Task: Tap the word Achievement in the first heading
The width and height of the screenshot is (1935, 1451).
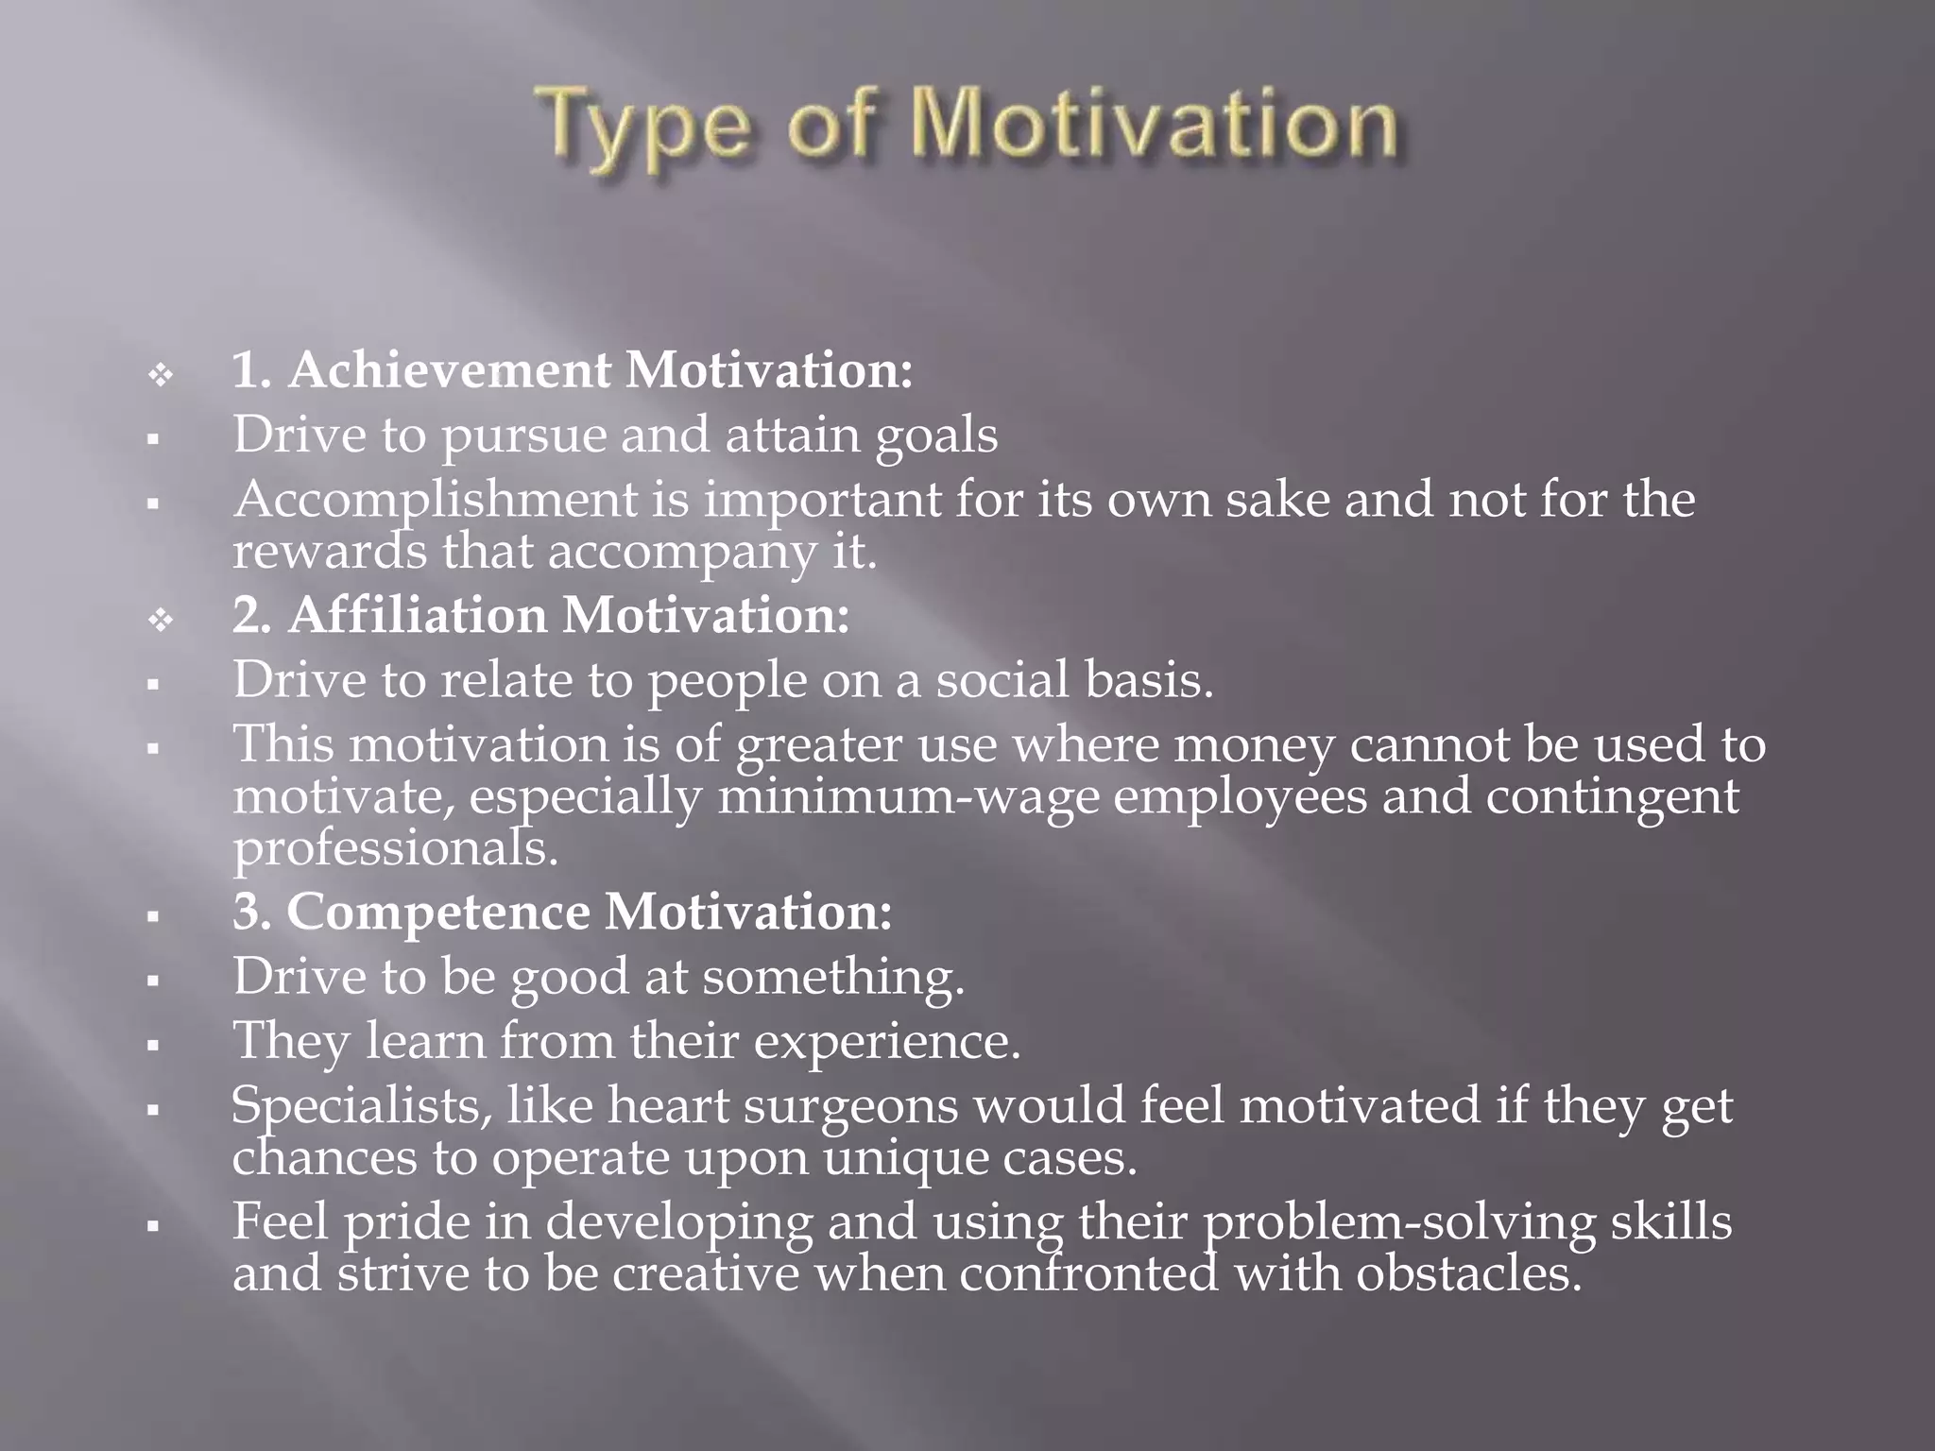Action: tap(450, 369)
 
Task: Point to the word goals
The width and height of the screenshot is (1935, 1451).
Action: tap(936, 435)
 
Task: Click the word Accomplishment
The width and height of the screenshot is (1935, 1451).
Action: tap(436, 500)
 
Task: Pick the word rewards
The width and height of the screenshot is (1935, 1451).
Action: tap(330, 551)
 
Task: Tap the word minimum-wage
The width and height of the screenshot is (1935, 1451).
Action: tap(908, 796)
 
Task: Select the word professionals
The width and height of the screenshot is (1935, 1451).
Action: tap(396, 848)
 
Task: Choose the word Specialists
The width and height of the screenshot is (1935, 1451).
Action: tap(362, 1105)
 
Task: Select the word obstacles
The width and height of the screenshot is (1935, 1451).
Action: tap(1469, 1273)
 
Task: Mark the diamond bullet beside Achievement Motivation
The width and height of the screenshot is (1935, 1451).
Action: tap(161, 375)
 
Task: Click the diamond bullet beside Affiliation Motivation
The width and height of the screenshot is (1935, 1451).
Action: tap(161, 621)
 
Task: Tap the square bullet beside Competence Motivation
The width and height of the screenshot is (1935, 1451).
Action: tap(152, 916)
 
